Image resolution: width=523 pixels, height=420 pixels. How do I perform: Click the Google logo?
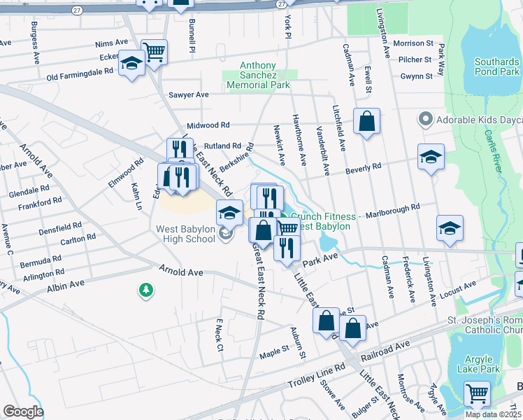23,412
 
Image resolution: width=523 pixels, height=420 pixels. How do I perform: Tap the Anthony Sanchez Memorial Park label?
259,75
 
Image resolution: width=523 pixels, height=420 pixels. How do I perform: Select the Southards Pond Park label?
496,66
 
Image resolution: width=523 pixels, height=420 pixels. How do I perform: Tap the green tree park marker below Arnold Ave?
145,290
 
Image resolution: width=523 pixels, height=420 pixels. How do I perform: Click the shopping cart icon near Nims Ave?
154,51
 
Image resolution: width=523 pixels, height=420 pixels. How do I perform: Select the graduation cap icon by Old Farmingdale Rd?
131,64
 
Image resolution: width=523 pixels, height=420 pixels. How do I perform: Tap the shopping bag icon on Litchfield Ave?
366,122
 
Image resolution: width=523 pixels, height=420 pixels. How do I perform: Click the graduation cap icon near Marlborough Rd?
450,228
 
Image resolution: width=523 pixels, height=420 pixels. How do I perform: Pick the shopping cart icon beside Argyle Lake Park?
477,393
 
